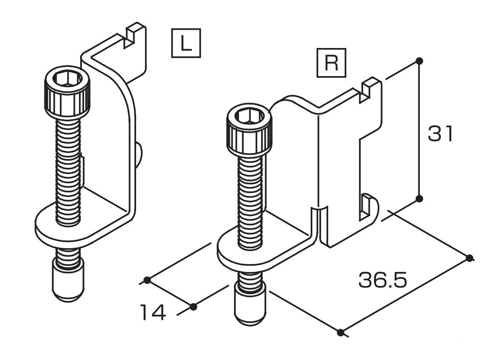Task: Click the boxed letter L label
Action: (x=186, y=43)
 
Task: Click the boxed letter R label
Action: (x=331, y=63)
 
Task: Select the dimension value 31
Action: (x=440, y=134)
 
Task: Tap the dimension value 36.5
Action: (x=383, y=280)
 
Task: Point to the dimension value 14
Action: (x=153, y=312)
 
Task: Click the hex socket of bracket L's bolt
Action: (x=67, y=79)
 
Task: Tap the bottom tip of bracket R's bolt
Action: (x=250, y=324)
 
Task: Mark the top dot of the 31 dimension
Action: (x=419, y=61)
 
